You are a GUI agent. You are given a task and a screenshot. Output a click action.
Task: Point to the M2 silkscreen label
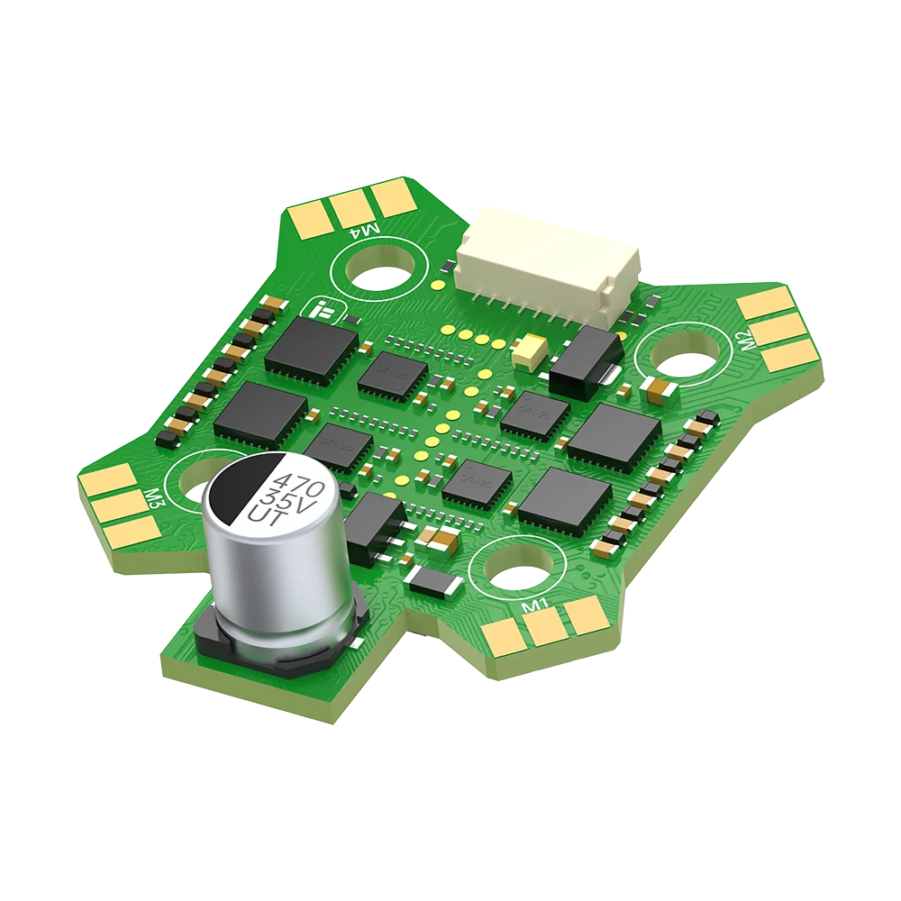(744, 340)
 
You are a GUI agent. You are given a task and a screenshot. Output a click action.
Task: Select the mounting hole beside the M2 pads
(681, 359)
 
